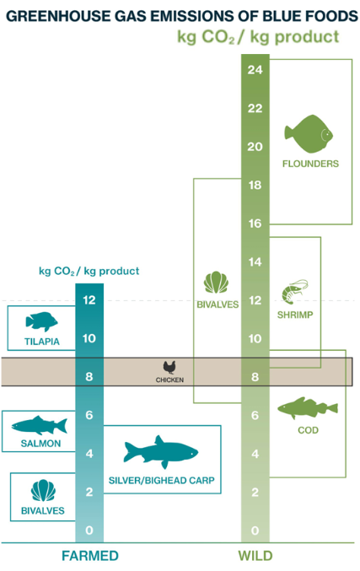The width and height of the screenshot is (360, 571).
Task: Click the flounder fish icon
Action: [x=309, y=133]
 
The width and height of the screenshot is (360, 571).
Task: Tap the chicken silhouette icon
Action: [x=169, y=368]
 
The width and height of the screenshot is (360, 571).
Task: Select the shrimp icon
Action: [x=294, y=292]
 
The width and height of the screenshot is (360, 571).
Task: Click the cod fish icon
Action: [x=308, y=408]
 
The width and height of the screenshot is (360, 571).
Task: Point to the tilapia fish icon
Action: [x=41, y=321]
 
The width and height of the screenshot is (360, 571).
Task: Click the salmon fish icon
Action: [x=40, y=425]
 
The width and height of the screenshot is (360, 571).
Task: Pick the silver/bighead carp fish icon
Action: [x=161, y=452]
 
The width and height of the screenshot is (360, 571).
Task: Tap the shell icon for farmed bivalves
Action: [x=43, y=490]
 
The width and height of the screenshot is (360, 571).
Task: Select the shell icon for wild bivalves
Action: [x=216, y=283]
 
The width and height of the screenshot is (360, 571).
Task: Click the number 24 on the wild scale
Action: [x=255, y=69]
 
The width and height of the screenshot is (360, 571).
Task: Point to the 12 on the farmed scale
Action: [x=89, y=300]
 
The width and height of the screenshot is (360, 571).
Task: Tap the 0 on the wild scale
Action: [x=255, y=531]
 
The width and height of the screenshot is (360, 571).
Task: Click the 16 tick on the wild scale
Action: [x=255, y=224]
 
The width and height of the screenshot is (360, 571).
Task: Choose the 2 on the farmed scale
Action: [x=89, y=492]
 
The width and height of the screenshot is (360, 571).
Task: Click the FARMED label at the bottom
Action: [x=90, y=556]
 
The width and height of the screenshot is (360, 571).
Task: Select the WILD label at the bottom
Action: [x=255, y=556]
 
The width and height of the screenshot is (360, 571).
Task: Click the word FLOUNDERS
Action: [x=310, y=164]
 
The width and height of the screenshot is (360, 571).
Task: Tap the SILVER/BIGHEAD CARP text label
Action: [x=162, y=480]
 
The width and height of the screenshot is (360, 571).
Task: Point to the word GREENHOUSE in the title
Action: [x=58, y=16]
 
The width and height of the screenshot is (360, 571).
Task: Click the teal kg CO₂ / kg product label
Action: [x=89, y=271]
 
